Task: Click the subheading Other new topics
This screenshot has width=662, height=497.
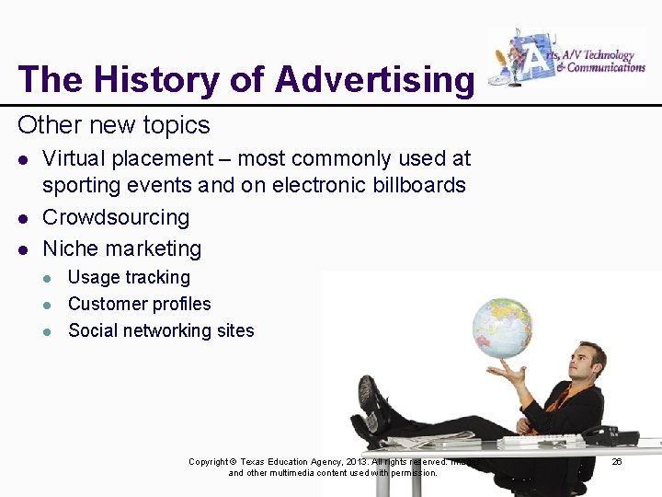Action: [113, 125]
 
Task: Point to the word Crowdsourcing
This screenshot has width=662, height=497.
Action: [116, 217]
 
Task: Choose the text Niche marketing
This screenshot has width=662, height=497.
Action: [121, 248]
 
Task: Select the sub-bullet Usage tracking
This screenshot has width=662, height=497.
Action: [129, 277]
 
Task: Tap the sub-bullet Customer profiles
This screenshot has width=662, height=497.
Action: [139, 304]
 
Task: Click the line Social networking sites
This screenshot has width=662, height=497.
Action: [161, 330]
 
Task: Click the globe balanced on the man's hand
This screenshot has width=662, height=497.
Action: [502, 327]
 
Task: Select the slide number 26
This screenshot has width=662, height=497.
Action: [617, 461]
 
